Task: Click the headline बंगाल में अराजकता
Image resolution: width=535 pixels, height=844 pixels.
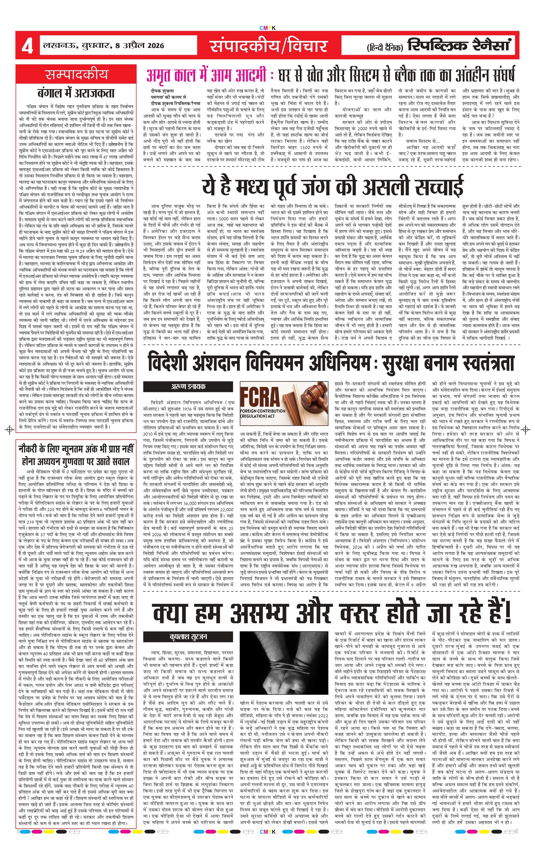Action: (76, 93)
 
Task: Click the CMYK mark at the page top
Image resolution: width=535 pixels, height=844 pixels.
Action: (267, 28)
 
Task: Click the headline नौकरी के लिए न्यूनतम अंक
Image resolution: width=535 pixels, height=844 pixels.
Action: (76, 449)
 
